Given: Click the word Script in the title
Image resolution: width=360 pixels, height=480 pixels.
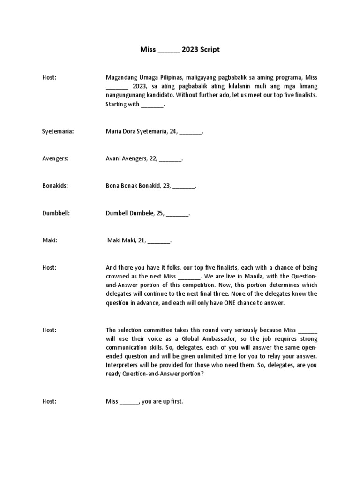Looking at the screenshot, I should click(x=209, y=49).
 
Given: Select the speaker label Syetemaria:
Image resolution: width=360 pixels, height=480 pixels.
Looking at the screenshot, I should click(x=58, y=132).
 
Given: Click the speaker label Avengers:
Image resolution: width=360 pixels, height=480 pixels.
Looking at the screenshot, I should click(x=55, y=159).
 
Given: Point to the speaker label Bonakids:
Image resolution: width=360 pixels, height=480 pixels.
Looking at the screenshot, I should click(x=55, y=186).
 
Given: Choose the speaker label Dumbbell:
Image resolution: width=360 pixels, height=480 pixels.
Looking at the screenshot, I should click(x=56, y=213).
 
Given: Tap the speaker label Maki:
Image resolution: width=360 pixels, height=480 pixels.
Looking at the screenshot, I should click(x=50, y=240).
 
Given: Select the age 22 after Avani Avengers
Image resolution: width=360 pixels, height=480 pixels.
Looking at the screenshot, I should click(x=153, y=159).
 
